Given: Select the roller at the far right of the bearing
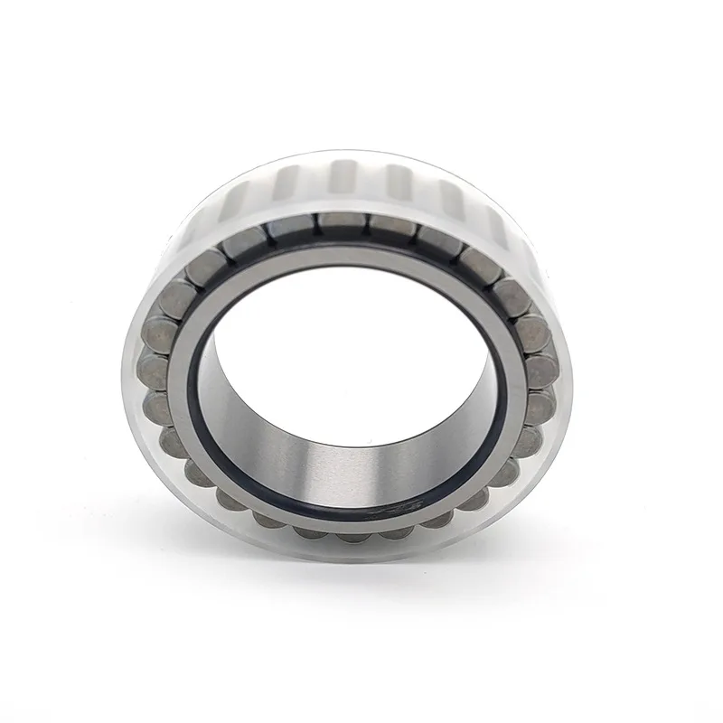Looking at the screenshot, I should pyautogui.click(x=540, y=371).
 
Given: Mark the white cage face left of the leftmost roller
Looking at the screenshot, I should pyautogui.click(x=133, y=371).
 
